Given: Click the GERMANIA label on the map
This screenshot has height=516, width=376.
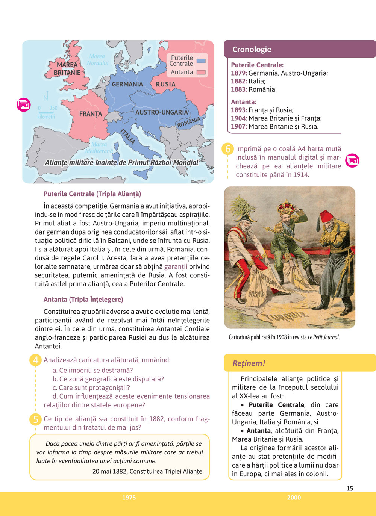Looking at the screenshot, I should (127, 84).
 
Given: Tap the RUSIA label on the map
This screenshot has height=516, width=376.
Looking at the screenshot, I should (165, 84).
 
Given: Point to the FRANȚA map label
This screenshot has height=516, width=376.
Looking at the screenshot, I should (90, 113).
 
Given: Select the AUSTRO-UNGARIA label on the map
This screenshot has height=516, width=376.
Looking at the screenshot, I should (162, 112).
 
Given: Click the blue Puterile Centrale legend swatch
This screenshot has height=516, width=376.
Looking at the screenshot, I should (201, 61).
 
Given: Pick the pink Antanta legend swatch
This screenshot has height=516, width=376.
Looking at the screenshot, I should (201, 72).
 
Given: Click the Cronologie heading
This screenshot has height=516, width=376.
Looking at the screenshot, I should (252, 49).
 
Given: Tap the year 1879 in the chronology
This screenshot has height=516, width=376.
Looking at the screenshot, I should (238, 73).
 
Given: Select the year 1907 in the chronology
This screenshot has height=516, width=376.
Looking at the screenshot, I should (238, 127).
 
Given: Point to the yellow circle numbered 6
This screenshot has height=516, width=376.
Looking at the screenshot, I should (227, 149).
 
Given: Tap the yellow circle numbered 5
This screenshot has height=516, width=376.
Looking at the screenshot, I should (35, 419).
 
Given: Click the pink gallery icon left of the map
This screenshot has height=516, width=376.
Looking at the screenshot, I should (23, 105).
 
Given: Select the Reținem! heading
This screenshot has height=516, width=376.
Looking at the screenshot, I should (249, 363).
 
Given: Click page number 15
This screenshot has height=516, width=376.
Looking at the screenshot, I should (350, 488).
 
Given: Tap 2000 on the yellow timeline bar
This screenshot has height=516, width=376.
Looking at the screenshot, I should (294, 498).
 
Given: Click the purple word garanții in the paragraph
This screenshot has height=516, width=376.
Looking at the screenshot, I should (176, 267).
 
